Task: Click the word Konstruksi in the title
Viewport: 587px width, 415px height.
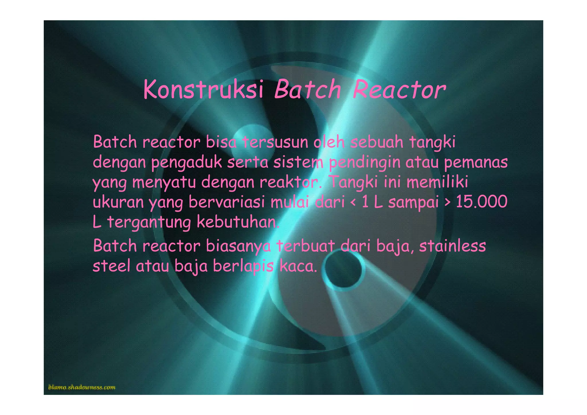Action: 203,89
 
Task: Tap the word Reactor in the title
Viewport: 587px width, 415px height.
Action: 399,89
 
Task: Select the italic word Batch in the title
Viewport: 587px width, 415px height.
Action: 308,89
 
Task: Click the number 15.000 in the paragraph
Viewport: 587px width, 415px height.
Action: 482,202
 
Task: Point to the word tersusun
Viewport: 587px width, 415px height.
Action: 275,142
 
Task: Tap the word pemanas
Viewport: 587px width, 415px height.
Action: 476,162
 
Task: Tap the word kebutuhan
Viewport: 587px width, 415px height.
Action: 238,222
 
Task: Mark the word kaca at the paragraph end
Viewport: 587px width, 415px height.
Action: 298,267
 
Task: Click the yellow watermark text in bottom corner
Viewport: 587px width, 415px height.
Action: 82,387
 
